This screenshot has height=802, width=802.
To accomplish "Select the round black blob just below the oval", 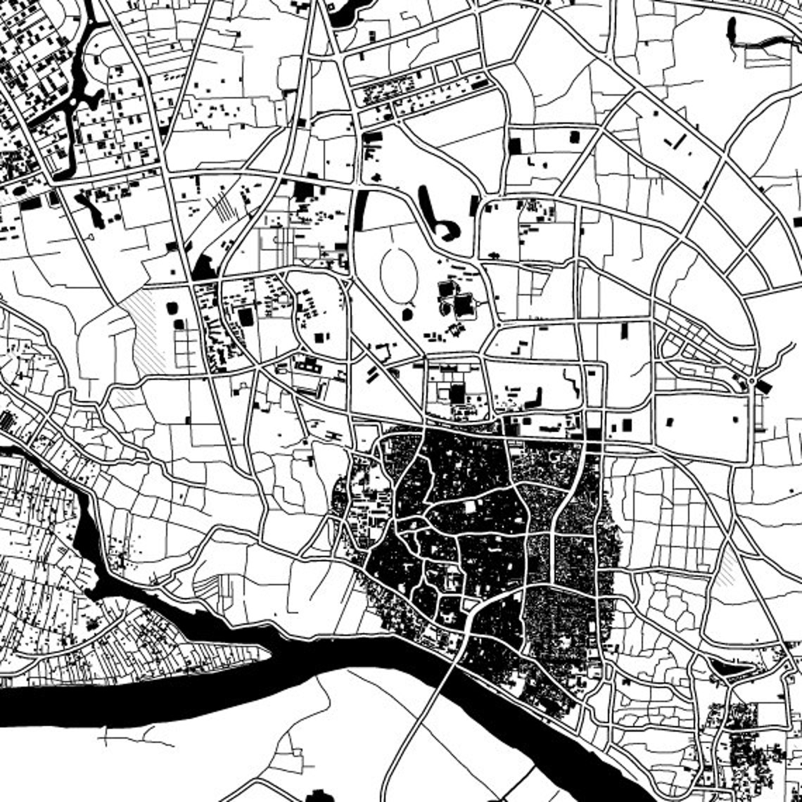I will pos(407,312).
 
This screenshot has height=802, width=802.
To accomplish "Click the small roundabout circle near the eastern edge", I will pos(753,382).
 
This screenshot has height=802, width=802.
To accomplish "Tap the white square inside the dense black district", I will pos(470,507).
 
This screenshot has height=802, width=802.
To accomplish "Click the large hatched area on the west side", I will pos(145,324).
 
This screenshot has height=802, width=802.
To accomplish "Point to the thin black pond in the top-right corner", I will pos(732,32).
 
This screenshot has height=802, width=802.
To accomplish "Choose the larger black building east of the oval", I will pos(464,305).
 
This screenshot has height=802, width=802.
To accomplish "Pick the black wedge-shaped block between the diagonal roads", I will pos(204,267).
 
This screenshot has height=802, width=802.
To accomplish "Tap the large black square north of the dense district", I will pos(457,393).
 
